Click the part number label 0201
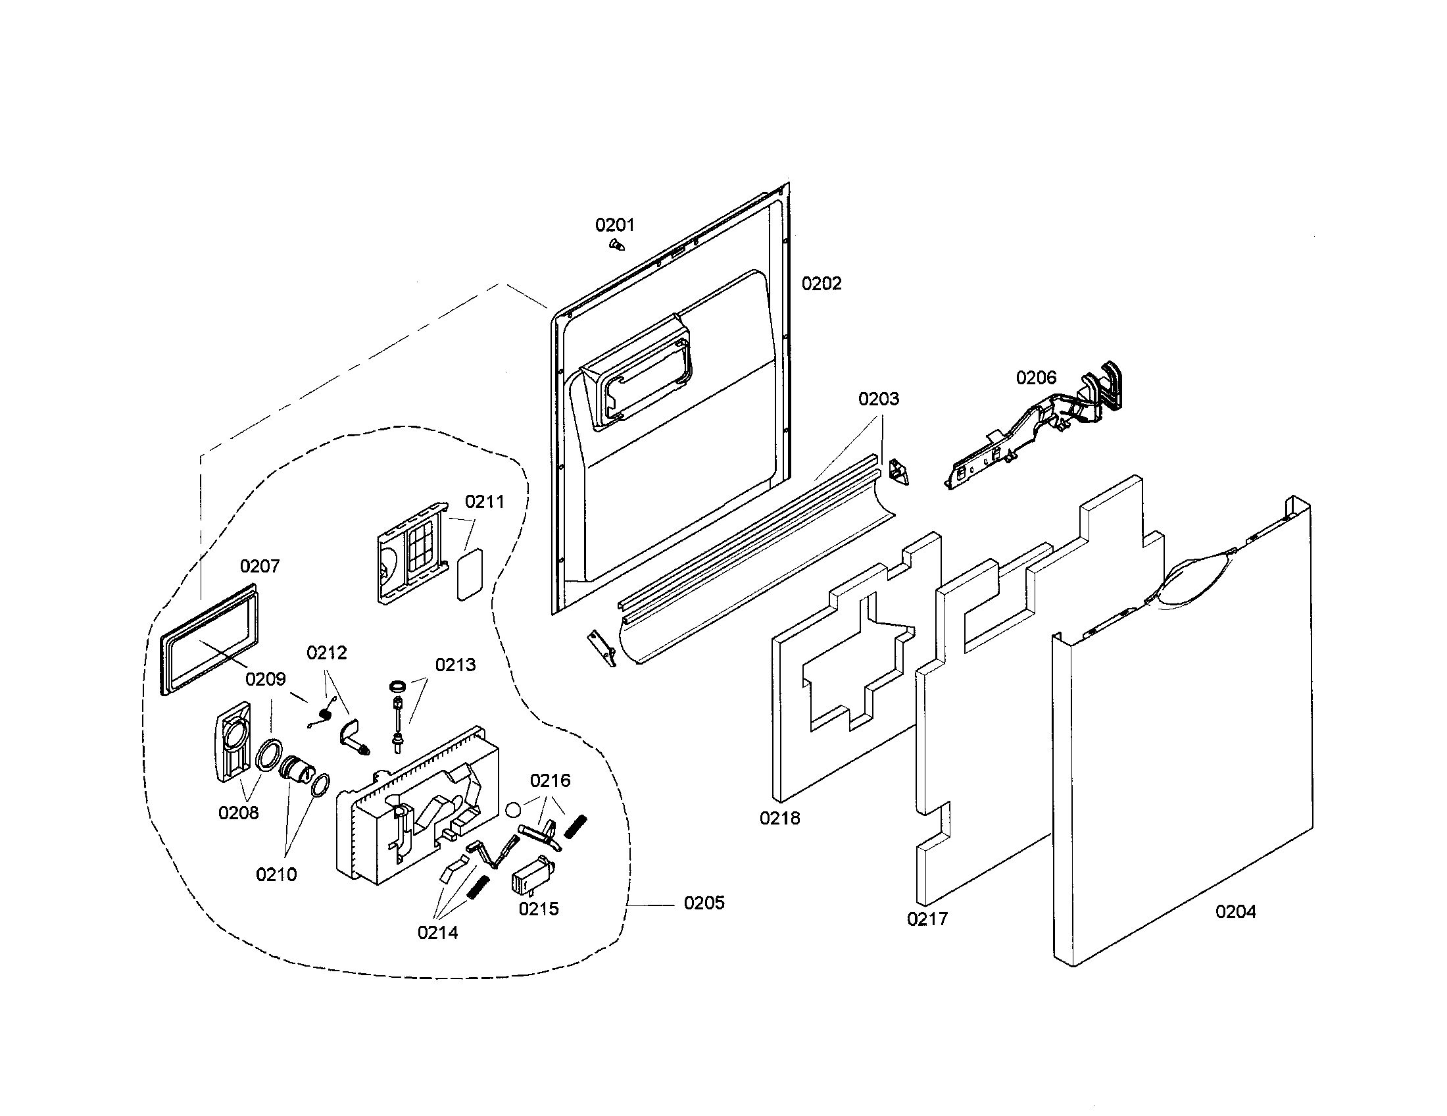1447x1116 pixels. click(614, 225)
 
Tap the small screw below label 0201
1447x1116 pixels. click(616, 245)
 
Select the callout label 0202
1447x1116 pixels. click(822, 284)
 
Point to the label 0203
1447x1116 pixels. click(879, 399)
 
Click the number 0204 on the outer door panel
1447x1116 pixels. click(1236, 912)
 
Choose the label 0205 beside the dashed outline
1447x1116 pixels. click(704, 903)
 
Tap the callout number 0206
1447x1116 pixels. click(1036, 378)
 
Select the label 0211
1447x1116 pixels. click(484, 501)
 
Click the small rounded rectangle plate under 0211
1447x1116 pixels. click(470, 574)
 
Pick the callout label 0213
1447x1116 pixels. click(455, 665)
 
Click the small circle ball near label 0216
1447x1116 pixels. click(513, 809)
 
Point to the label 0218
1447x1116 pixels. click(780, 819)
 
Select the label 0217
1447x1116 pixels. click(927, 919)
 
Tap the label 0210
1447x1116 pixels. click(276, 875)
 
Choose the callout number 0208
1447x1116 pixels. click(239, 813)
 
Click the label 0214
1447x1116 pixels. click(437, 933)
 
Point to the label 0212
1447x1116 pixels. click(327, 653)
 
